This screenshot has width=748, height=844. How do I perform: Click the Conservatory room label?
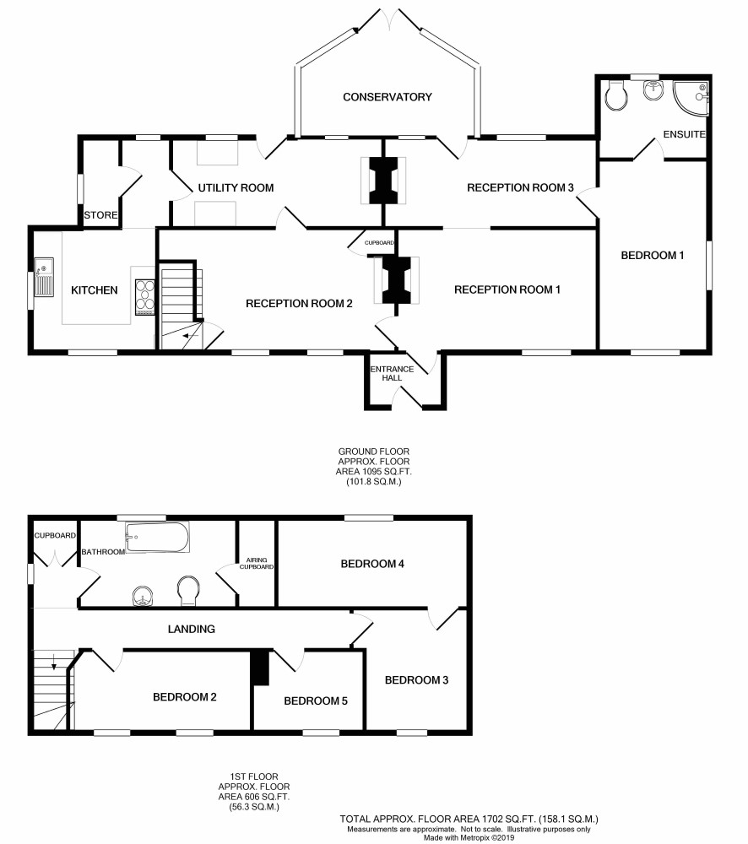tap(388, 97)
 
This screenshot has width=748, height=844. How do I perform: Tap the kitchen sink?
tap(44, 277)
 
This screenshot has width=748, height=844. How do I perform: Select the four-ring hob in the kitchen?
tap(145, 296)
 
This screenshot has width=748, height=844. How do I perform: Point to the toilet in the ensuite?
tap(616, 96)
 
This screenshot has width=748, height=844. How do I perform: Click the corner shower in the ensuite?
tap(691, 99)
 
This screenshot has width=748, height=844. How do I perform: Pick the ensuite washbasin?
tap(653, 90)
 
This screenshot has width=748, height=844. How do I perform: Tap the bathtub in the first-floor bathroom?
tap(157, 537)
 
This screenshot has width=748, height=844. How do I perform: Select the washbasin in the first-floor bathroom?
tap(144, 595)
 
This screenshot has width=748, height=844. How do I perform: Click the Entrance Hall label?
tap(392, 373)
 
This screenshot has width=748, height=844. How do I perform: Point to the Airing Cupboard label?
tap(257, 563)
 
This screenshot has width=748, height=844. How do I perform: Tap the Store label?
tap(100, 215)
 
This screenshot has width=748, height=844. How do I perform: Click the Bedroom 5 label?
tap(316, 701)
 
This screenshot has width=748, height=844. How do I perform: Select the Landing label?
tap(191, 629)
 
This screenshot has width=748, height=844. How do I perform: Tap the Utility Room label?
tap(236, 188)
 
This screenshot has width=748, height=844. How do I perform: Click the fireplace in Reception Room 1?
tap(397, 280)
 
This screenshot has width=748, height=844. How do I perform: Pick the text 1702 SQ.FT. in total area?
tap(507, 820)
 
